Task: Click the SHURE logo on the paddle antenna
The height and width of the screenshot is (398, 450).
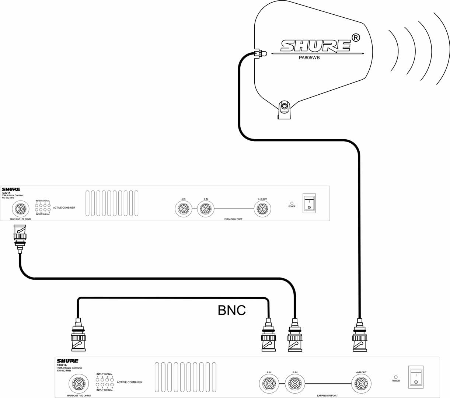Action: (x=315, y=45)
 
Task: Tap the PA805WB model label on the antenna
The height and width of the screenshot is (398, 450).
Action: (x=309, y=58)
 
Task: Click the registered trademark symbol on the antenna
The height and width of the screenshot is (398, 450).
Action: (x=356, y=37)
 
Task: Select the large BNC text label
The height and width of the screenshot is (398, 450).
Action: (x=231, y=310)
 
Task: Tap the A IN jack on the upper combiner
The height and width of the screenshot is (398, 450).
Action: (x=183, y=209)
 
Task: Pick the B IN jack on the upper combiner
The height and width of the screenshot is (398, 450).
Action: (x=205, y=209)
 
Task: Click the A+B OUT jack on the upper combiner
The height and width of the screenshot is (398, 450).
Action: (x=262, y=209)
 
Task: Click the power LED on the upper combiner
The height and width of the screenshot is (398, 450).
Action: (x=292, y=203)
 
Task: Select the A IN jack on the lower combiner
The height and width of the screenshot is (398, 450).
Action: (x=269, y=384)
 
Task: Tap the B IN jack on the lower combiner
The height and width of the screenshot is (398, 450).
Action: (x=295, y=384)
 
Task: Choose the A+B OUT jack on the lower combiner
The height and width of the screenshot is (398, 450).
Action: (x=361, y=384)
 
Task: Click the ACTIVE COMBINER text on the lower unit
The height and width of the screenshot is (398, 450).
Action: (x=129, y=382)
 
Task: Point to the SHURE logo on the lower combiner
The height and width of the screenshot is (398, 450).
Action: (x=67, y=361)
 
